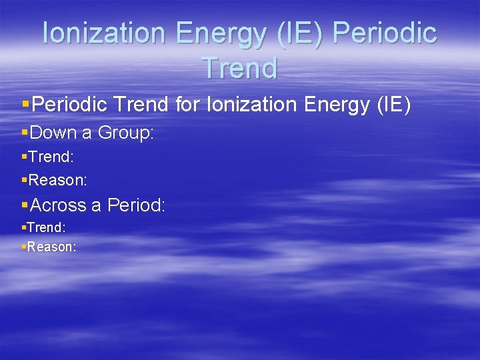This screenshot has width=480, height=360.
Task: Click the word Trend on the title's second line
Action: pos(239,68)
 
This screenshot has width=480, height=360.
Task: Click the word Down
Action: pos(53,133)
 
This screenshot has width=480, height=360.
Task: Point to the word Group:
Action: pos(126,133)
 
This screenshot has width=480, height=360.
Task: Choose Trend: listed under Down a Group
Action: pos(51,158)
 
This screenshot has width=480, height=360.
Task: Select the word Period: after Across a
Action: pos(136,205)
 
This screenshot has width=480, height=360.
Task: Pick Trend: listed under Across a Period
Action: pos(46,228)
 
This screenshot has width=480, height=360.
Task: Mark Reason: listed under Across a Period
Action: pos(51,247)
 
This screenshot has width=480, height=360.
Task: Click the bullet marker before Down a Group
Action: pos(25,133)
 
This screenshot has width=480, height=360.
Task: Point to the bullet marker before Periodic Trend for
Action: pos(26,105)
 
